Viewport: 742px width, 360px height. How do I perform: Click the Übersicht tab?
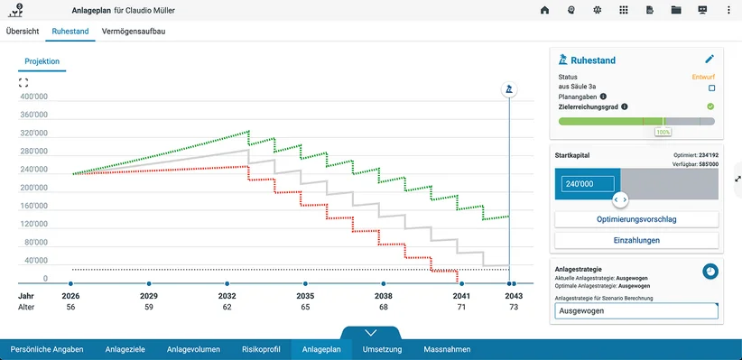coord(23,32)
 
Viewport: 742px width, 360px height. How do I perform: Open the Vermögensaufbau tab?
coord(134,32)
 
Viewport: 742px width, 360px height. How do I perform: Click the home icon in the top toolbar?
coord(544,10)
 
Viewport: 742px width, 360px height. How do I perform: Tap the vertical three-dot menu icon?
coord(728,10)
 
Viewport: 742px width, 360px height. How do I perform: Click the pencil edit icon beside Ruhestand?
coord(710,60)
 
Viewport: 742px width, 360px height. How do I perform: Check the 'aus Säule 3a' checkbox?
coord(711,88)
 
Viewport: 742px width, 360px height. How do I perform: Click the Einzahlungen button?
coord(636,240)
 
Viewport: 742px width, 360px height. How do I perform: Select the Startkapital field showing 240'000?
coord(588,184)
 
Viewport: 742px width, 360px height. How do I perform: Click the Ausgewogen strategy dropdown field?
coord(636,311)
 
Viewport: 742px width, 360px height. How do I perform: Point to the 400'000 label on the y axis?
coord(33,97)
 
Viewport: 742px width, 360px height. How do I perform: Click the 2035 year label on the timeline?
coord(305,296)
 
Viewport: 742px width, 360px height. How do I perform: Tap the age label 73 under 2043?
coord(514,307)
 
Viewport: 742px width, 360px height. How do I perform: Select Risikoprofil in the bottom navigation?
coord(261,349)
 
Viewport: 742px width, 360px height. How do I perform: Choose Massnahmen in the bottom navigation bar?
coord(447,349)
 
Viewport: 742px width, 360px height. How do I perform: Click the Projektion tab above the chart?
coord(42,61)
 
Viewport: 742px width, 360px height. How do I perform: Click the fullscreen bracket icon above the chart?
coord(23,83)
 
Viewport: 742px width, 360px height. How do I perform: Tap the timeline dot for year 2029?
coord(149,283)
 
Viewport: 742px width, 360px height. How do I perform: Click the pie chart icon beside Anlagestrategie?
coord(710,271)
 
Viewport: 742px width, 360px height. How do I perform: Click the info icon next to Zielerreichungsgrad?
coord(624,106)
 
